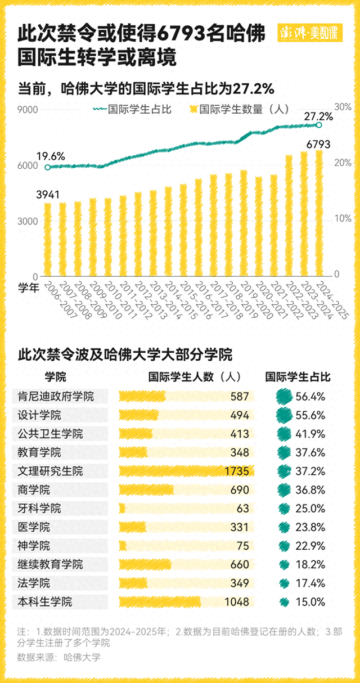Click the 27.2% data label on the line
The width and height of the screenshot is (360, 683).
[x=318, y=116]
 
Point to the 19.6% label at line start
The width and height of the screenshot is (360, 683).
[x=51, y=156]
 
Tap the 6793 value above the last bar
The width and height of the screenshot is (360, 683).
[x=318, y=145]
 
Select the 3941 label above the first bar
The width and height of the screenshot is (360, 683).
[x=48, y=195]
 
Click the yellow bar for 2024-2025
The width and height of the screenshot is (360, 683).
[x=319, y=214]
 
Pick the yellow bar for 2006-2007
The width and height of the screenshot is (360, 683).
[x=48, y=239]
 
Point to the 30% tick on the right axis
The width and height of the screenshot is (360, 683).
[x=343, y=107]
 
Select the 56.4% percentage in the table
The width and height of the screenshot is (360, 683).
[x=310, y=397]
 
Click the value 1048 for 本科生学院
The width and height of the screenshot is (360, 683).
[x=237, y=602]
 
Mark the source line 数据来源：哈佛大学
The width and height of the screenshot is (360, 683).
[x=59, y=657]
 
